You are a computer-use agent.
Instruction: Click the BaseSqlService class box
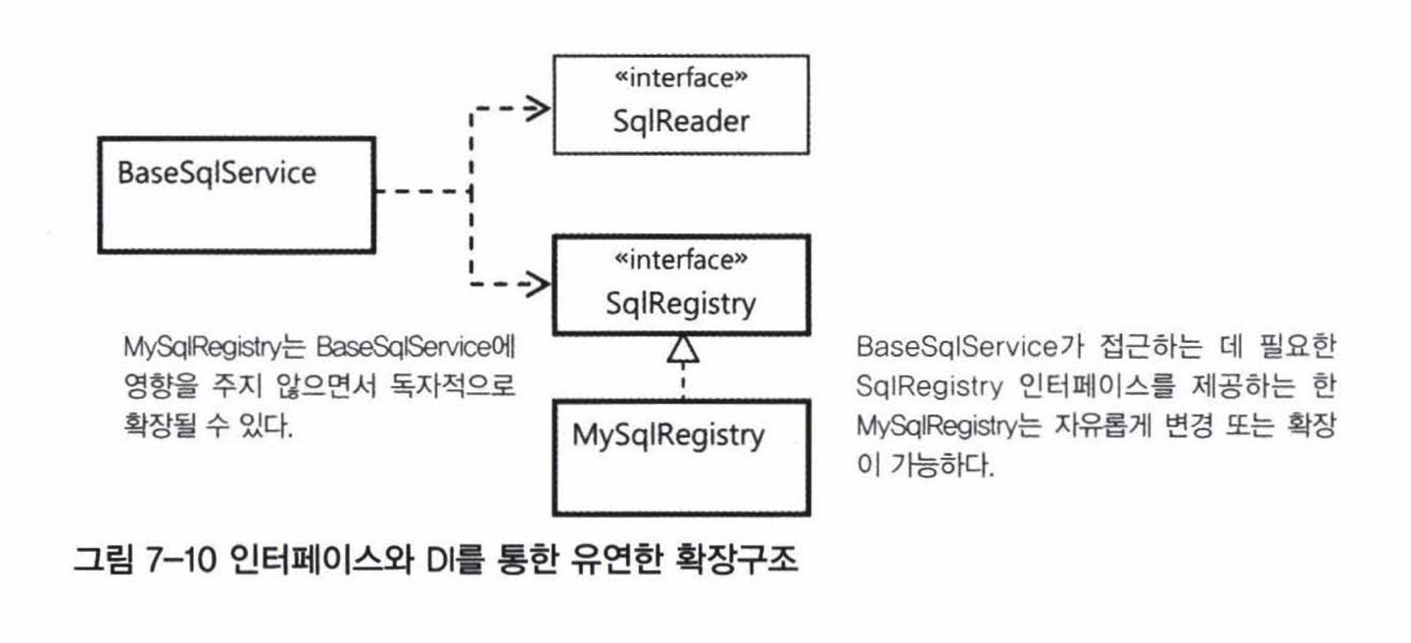tap(236, 211)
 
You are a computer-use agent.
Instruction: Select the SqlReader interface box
tap(681, 104)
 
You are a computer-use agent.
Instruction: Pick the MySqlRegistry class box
tap(681, 457)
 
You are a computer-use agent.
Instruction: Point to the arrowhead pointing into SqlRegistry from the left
tap(536, 284)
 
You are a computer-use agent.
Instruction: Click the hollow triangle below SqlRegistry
tap(681, 347)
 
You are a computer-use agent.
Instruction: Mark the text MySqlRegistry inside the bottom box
tap(668, 434)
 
